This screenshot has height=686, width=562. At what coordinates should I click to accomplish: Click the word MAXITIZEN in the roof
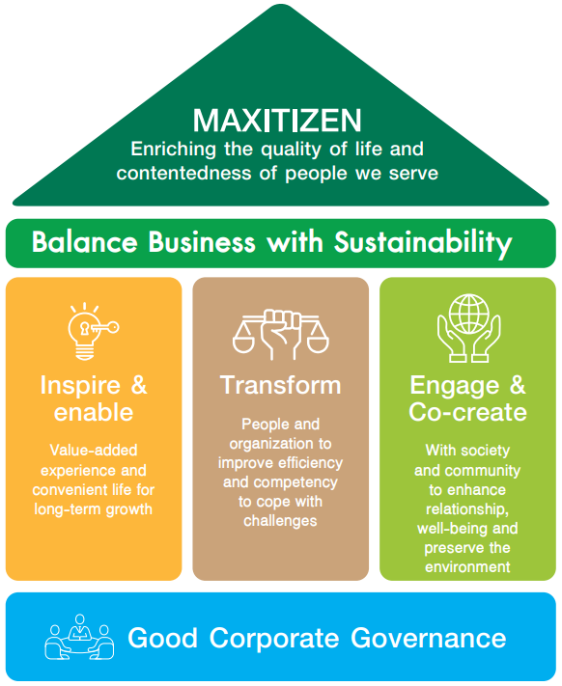click(277, 121)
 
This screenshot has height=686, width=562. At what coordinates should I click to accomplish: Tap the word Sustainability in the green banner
click(423, 243)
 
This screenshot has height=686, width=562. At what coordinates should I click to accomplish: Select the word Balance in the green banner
click(84, 241)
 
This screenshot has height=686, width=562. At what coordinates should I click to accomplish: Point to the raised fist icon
click(280, 334)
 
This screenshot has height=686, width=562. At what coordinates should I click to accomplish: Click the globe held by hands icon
click(468, 328)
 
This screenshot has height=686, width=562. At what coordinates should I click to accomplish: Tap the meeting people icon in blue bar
click(79, 637)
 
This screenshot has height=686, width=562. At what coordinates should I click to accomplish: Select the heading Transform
click(281, 385)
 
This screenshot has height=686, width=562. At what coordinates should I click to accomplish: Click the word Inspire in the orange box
click(80, 385)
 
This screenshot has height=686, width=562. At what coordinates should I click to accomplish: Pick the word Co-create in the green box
click(468, 412)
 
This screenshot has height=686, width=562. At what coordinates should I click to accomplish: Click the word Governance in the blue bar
click(429, 638)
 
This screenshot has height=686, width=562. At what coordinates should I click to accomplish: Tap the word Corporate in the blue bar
click(274, 639)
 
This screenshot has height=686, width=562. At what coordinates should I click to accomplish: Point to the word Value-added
click(94, 451)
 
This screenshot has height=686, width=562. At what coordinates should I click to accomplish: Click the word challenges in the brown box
click(280, 522)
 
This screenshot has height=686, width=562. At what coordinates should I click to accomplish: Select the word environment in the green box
click(467, 567)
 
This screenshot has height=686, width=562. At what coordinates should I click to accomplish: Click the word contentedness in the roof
click(183, 173)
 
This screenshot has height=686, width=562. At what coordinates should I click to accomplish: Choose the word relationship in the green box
click(467, 509)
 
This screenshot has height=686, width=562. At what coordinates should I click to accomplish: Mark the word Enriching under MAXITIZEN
click(173, 151)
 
